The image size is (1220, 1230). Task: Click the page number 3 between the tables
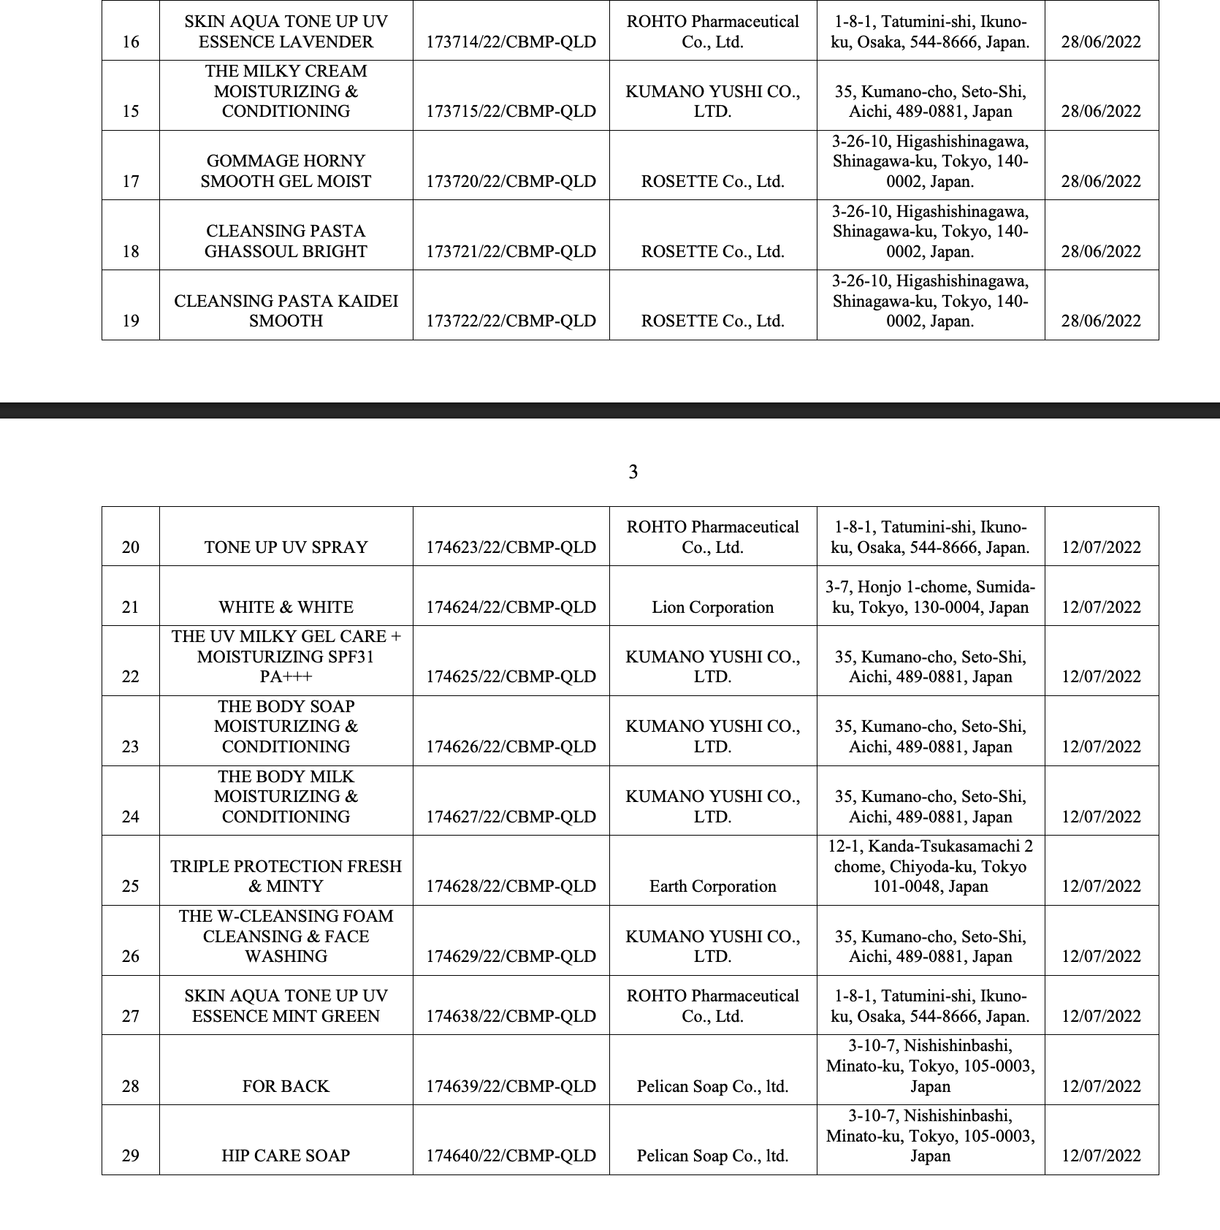point(633,473)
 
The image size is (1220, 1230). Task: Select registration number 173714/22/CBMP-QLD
point(511,42)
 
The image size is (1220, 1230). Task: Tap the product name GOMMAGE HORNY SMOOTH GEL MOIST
point(286,171)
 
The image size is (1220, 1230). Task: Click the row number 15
point(131,111)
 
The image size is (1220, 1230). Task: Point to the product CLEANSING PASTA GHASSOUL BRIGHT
point(286,241)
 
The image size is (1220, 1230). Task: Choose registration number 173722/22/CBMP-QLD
point(511,321)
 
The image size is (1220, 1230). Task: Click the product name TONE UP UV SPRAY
point(286,547)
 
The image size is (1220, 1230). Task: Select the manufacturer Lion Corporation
point(712,607)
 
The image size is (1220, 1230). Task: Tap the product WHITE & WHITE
point(286,607)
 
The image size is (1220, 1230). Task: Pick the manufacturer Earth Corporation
point(712,886)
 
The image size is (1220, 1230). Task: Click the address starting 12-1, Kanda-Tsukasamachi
point(930,866)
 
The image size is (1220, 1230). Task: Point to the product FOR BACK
point(286,1086)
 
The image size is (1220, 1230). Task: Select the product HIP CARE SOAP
point(286,1155)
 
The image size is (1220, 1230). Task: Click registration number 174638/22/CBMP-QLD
point(511,1016)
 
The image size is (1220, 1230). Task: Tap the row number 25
point(131,886)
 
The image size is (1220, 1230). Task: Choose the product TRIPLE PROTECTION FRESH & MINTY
point(286,876)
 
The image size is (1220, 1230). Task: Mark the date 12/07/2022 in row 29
point(1101,1155)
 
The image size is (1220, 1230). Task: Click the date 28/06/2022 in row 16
point(1101,42)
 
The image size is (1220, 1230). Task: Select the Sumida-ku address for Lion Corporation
point(930,597)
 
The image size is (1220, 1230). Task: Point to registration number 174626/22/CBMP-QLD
point(511,746)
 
